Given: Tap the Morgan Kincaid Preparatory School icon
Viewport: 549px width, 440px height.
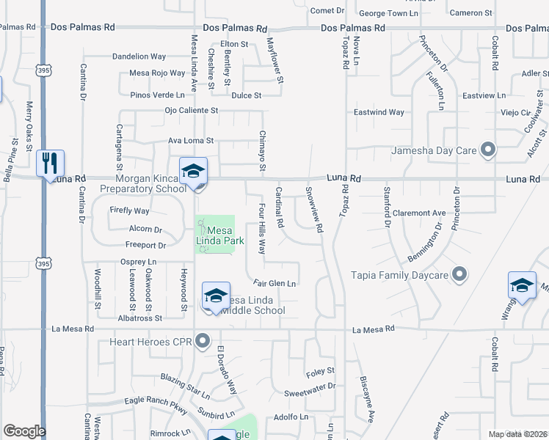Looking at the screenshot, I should [x=193, y=171].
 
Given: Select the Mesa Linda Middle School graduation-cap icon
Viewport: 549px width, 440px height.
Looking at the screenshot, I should [x=216, y=296].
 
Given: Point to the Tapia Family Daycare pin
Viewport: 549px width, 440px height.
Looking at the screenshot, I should [x=459, y=275].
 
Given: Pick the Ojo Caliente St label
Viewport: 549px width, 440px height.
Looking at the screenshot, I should [x=192, y=111].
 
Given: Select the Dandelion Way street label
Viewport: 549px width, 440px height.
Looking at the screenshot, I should [x=139, y=56].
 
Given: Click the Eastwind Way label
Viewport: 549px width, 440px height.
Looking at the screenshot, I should [x=379, y=112].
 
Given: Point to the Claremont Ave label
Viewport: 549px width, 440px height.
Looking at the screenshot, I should [x=419, y=213].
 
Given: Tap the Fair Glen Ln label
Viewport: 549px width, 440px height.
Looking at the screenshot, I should [x=274, y=283].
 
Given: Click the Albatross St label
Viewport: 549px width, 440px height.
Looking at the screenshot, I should [x=139, y=318].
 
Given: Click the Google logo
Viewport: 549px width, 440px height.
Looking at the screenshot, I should [x=24, y=431].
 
